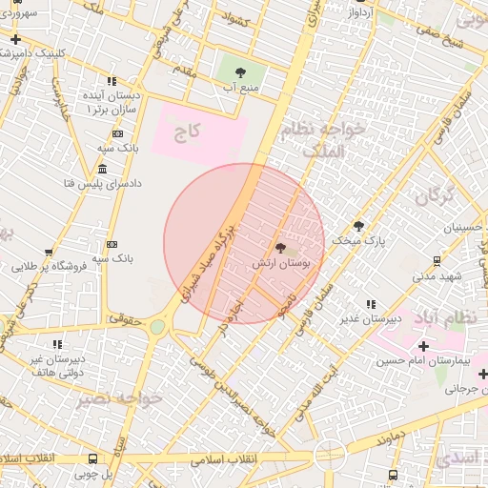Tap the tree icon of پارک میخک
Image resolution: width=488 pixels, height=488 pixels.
click(x=358, y=226)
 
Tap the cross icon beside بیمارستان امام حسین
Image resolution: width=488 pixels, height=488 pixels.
click(x=423, y=345)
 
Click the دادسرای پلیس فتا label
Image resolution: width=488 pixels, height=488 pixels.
click(x=101, y=182)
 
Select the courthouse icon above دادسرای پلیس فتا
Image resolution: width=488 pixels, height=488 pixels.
click(x=102, y=168)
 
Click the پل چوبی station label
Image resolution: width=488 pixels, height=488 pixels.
click(x=92, y=473)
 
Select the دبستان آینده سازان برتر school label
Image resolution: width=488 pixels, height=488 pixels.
click(x=111, y=104)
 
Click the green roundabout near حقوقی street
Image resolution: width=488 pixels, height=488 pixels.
click(x=156, y=327)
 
